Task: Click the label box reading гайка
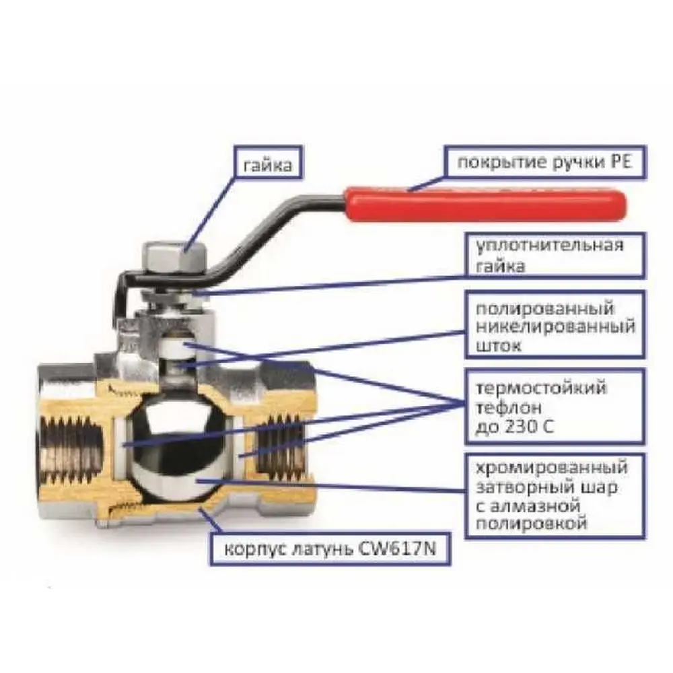coord(269,162)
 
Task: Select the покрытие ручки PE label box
coord(545,162)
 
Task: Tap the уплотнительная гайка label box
coord(555,255)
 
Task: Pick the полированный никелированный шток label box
coord(555,325)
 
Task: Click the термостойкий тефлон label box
coord(555,406)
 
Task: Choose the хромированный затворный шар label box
coord(555,496)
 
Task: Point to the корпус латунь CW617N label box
coord(330,549)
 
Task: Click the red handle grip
coord(485,205)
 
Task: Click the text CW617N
coord(396,549)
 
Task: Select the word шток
coord(499,345)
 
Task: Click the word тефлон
coord(509,407)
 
